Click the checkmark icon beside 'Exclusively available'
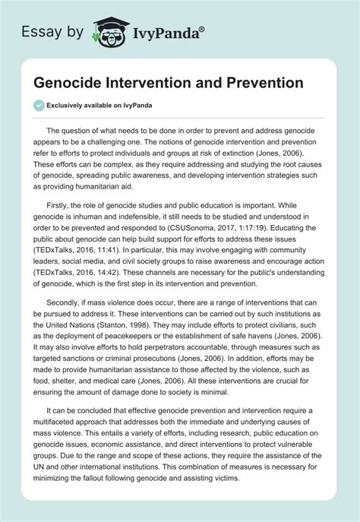(38, 106)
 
